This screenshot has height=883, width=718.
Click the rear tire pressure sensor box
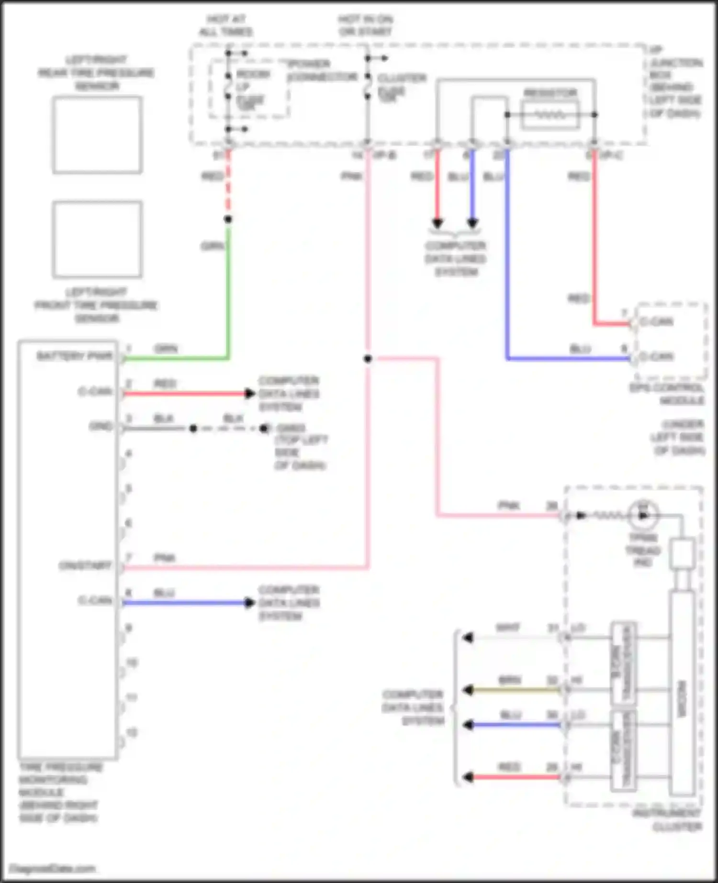(x=97, y=135)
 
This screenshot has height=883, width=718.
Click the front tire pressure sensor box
(x=97, y=239)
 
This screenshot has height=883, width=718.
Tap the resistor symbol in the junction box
(x=550, y=115)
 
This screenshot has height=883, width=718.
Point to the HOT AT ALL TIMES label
(x=226, y=26)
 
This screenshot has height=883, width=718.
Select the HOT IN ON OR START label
(x=366, y=26)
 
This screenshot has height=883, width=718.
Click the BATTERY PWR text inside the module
(x=75, y=356)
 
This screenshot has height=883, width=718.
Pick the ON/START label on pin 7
(x=85, y=565)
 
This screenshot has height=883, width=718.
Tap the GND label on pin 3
(x=101, y=426)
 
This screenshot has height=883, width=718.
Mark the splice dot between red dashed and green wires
(x=228, y=219)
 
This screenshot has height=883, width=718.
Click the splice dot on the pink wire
(x=368, y=359)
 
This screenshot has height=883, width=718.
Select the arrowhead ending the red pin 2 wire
(x=249, y=394)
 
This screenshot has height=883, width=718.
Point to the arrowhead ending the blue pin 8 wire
(x=249, y=603)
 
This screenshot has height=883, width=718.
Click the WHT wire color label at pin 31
(x=508, y=627)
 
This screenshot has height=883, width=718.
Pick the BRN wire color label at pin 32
(x=510, y=680)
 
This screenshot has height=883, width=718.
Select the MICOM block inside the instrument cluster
(x=682, y=698)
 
